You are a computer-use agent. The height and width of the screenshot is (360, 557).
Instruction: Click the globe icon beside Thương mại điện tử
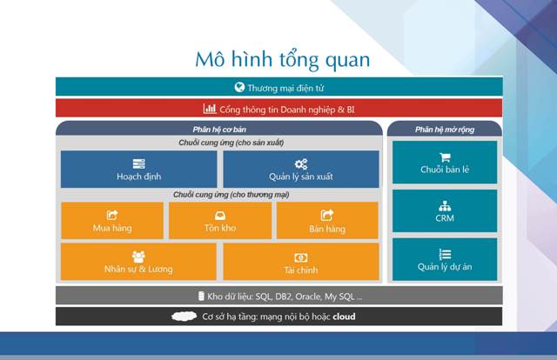pos(239,87)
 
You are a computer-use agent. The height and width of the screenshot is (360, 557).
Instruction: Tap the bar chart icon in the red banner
pos(210,109)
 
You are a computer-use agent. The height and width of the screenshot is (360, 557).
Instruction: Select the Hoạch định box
pos(139,169)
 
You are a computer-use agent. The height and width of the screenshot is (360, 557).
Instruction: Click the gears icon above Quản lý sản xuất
pos(301,164)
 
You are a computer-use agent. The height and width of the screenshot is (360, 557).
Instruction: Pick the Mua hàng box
pos(112,221)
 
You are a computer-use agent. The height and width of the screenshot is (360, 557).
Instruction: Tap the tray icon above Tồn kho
pos(220,216)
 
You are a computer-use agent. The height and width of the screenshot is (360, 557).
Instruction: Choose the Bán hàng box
pos(327,221)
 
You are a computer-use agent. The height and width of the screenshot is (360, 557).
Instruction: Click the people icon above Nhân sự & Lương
pos(138,257)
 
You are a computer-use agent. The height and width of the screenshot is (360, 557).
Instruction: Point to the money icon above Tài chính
pos(301,257)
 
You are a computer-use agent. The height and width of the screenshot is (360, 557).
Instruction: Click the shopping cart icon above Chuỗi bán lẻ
pos(445,157)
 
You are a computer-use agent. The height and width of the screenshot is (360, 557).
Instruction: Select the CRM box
pos(445,211)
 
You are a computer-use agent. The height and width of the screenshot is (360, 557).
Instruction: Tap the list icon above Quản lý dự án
pos(445,254)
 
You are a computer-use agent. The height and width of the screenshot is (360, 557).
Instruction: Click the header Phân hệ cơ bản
pos(219,130)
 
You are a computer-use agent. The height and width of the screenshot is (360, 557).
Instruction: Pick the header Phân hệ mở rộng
pos(445,130)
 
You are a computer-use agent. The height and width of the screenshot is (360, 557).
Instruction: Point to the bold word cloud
pos(344,317)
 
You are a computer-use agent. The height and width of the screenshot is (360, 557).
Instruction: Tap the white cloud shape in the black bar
pos(184,316)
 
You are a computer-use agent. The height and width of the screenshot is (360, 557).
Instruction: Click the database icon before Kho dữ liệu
pos(201,297)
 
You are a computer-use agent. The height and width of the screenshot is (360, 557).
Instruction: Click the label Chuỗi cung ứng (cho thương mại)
pos(232,195)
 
